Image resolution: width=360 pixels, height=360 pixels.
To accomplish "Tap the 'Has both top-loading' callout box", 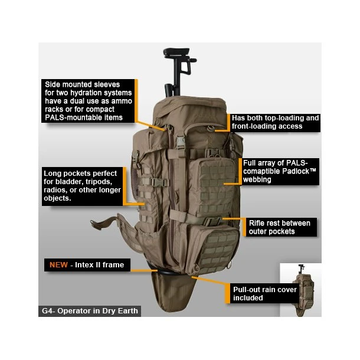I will (x=275, y=122).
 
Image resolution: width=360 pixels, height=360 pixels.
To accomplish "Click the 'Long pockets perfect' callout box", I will (x=82, y=185).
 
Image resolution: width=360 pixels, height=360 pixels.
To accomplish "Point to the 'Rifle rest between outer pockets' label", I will (x=279, y=227).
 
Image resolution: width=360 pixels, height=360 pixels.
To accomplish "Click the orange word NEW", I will (x=58, y=265).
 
